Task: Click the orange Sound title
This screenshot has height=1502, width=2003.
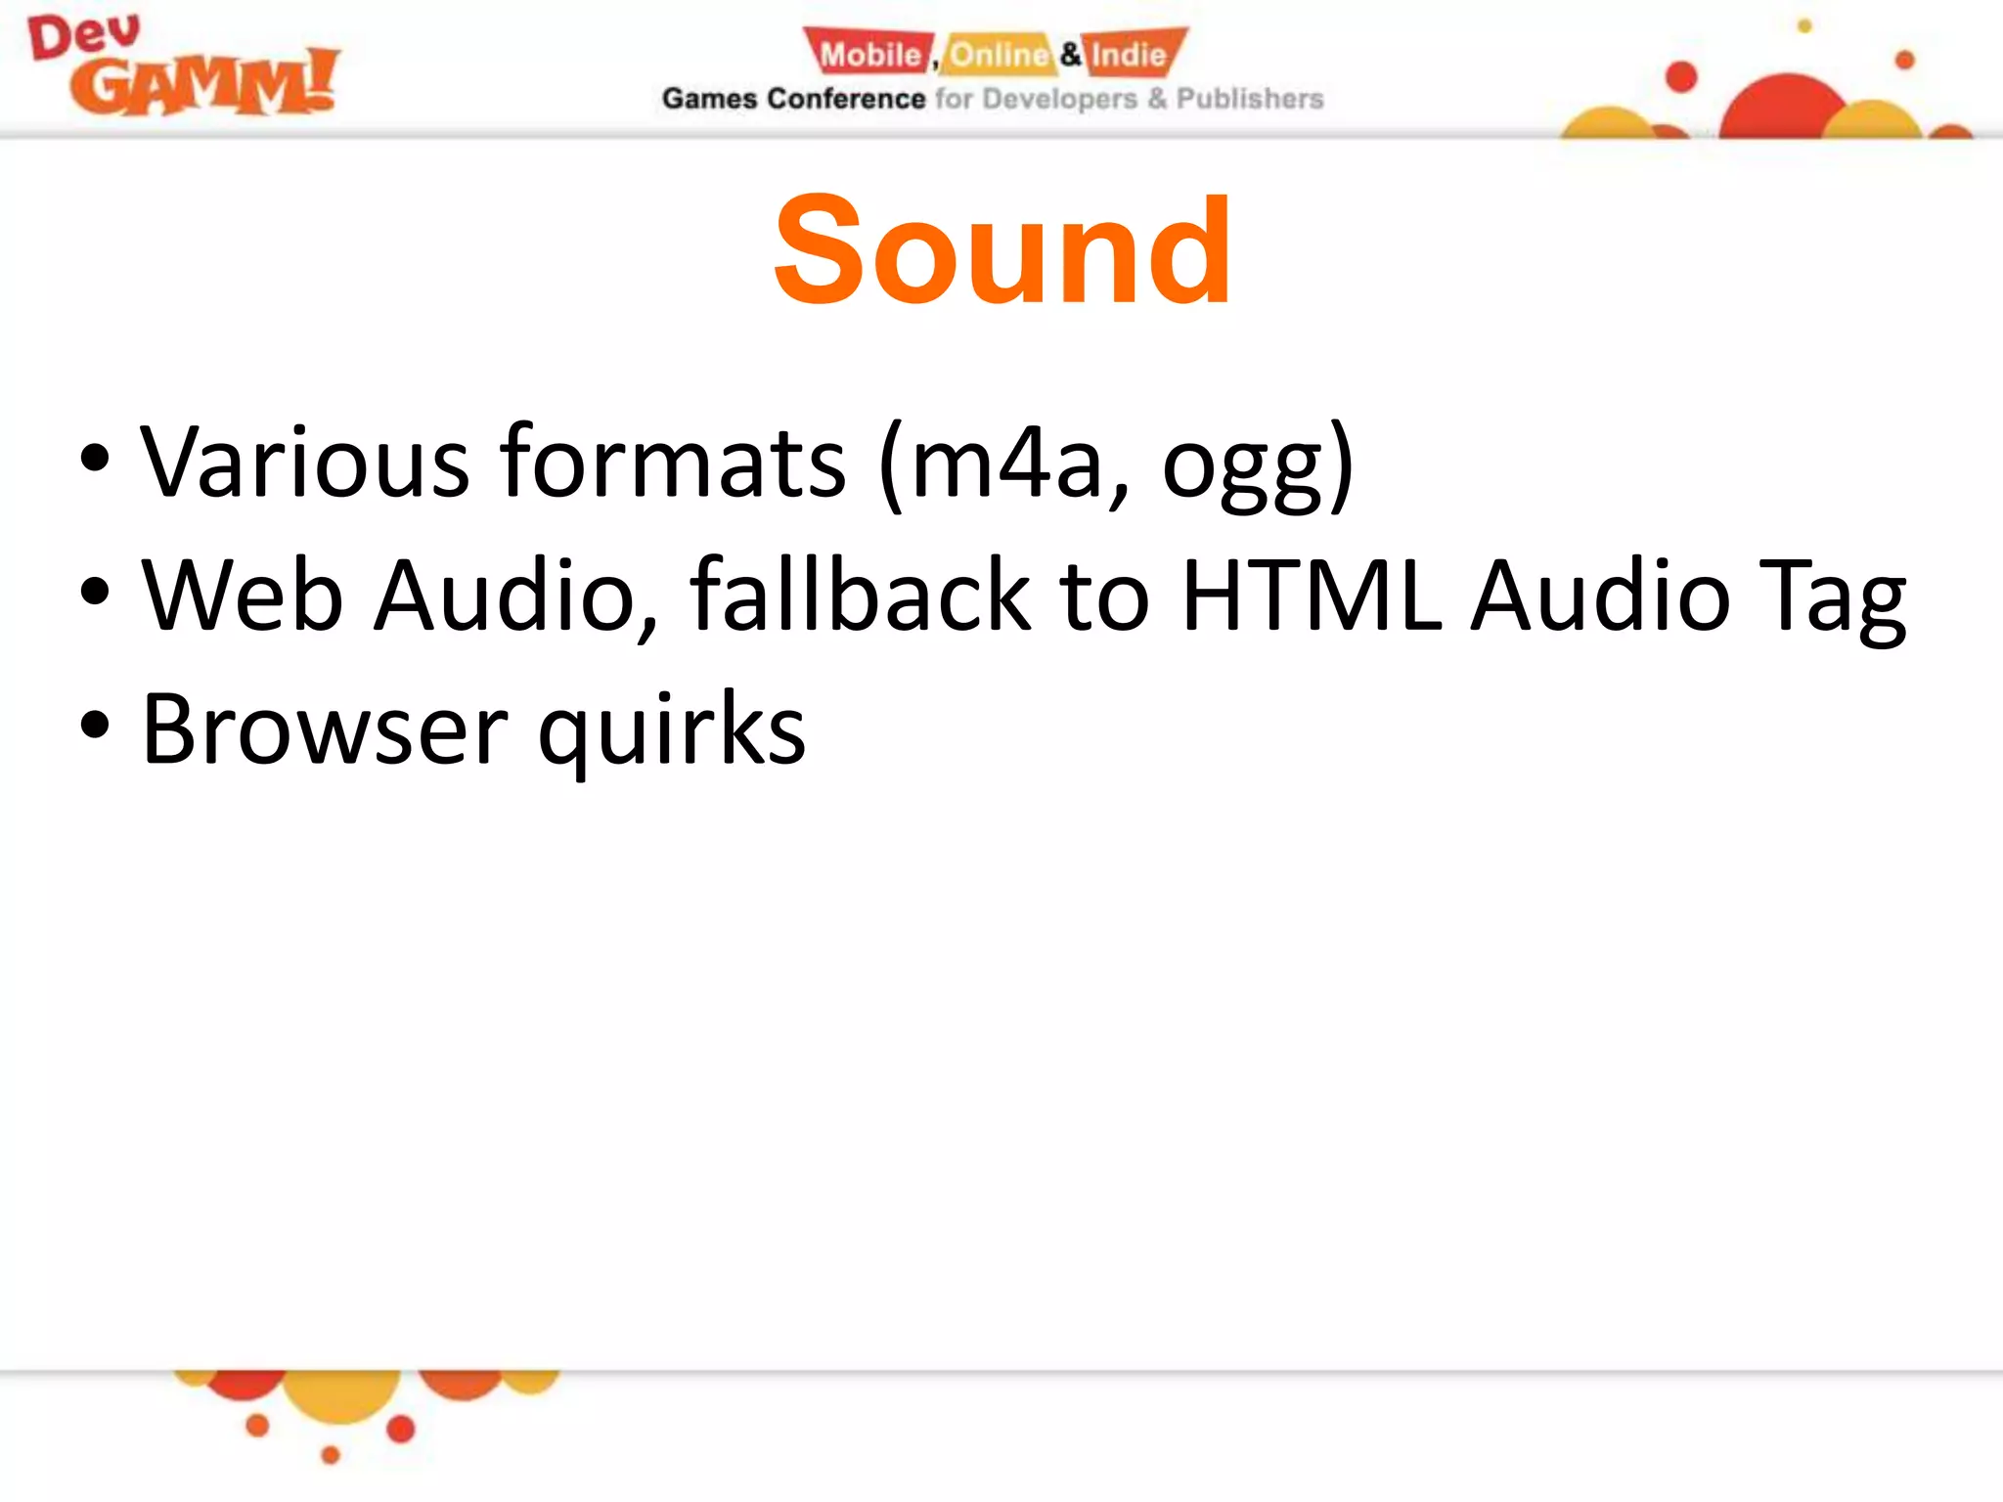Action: (x=1001, y=250)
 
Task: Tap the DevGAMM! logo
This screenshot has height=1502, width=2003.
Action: (x=184, y=66)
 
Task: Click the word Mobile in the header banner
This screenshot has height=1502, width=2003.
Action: (x=869, y=55)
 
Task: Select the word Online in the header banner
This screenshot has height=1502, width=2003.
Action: (x=998, y=55)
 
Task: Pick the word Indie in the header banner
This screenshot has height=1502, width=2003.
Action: (x=1130, y=55)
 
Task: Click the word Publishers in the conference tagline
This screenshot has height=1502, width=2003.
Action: (x=1249, y=99)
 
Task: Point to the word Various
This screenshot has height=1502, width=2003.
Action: (x=304, y=462)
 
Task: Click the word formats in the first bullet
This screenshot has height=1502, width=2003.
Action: (x=672, y=462)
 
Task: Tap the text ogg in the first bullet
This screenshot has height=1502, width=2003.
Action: (x=1242, y=469)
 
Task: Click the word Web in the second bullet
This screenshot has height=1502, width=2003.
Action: (x=243, y=595)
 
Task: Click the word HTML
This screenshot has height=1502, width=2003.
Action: (x=1312, y=595)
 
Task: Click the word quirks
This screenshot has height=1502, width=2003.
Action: (x=672, y=731)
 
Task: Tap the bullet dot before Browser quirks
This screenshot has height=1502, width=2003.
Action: (x=95, y=726)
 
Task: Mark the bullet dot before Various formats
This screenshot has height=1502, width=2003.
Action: (x=95, y=458)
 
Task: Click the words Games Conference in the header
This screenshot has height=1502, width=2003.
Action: (x=793, y=99)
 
